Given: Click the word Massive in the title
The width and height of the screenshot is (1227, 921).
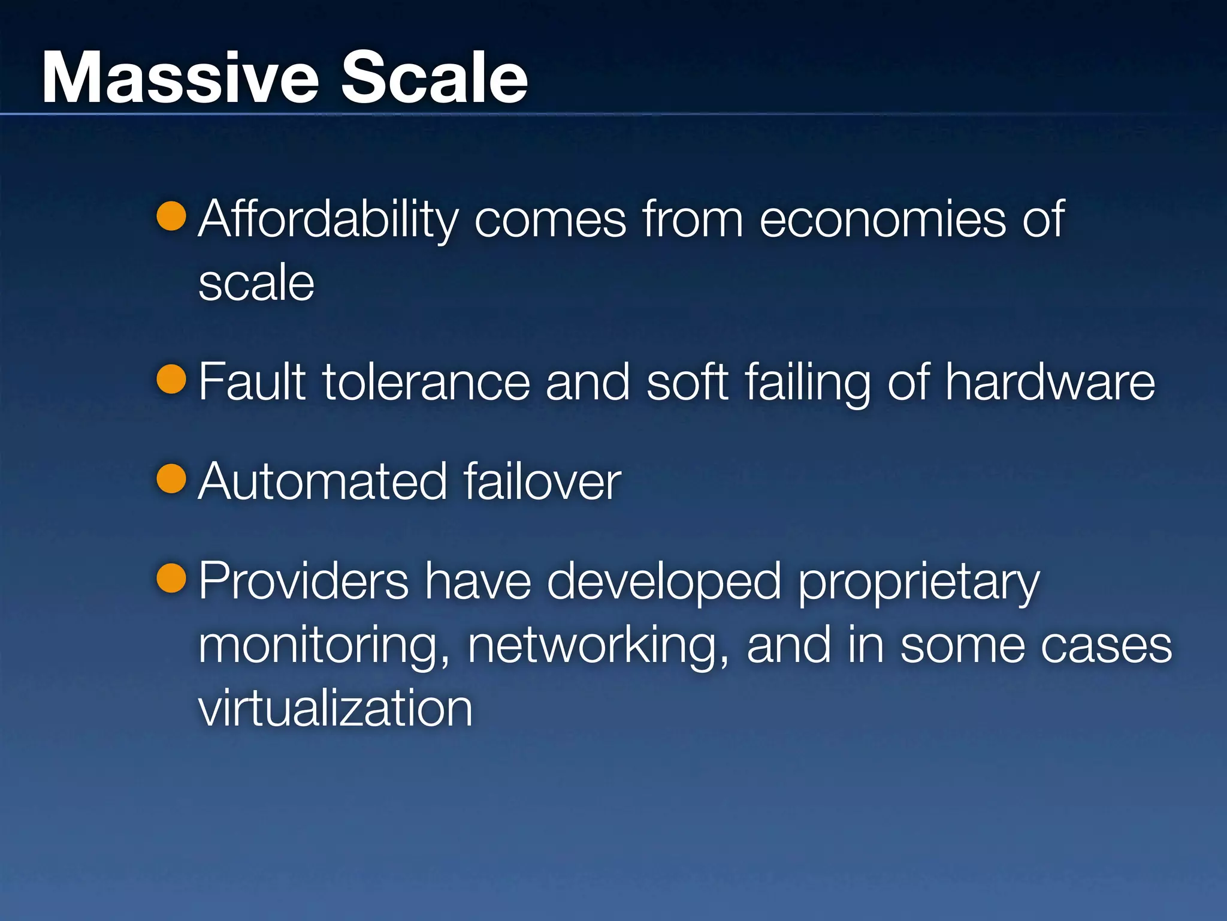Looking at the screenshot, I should click(180, 78).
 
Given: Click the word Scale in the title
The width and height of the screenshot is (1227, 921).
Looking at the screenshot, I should click(434, 78).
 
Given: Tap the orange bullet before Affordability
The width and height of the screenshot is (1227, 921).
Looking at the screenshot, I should click(171, 216).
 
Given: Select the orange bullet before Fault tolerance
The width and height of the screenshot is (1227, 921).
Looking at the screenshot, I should click(171, 379).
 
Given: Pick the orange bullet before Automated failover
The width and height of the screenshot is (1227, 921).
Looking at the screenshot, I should click(171, 478).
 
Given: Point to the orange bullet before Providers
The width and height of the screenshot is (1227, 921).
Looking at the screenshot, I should click(171, 578).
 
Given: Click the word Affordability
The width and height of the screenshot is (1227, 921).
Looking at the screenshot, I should click(328, 221).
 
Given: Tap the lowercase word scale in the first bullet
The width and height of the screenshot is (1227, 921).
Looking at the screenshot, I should click(256, 283).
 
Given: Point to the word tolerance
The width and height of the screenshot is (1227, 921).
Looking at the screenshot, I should click(426, 383).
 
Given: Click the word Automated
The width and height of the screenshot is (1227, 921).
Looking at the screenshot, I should click(322, 481).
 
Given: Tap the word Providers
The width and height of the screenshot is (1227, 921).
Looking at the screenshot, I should click(303, 581).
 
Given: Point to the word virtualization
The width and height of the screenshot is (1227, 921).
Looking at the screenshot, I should click(335, 708).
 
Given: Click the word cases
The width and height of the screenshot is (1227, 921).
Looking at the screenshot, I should click(1106, 646).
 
